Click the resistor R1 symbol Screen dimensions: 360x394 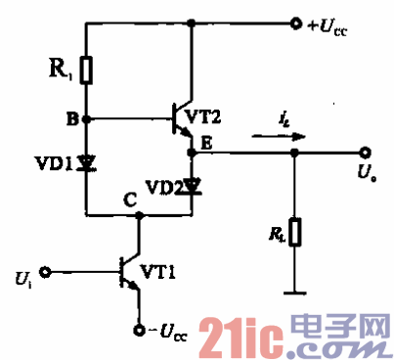[x=86, y=71]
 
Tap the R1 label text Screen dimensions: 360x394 [x=60, y=70]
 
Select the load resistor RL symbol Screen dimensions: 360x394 [x=293, y=233]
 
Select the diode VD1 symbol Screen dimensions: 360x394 [x=86, y=162]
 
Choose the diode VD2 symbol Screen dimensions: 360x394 [x=193, y=184]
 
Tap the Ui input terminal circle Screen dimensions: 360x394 [x=47, y=270]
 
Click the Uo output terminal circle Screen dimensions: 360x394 [x=365, y=153]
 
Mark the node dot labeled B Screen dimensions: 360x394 [x=86, y=119]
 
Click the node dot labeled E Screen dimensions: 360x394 [x=193, y=153]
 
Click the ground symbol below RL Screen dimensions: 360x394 [x=293, y=291]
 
